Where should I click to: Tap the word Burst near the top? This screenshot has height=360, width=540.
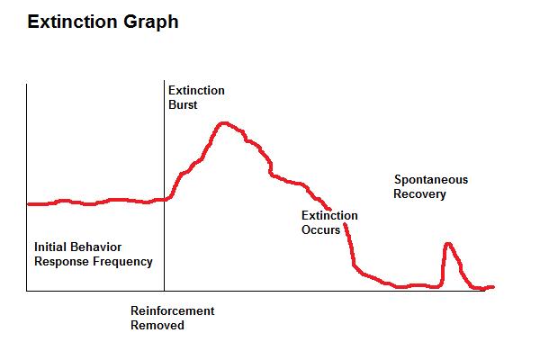(184, 104)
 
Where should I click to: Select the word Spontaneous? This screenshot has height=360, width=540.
(431, 180)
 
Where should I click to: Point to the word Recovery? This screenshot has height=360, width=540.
(419, 193)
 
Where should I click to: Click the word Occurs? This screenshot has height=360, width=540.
(320, 229)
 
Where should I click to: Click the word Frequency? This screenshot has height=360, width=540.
(121, 262)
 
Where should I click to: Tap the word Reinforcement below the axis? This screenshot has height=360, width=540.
(173, 310)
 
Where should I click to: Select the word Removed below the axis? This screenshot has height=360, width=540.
(157, 325)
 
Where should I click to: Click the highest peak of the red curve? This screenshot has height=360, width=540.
(223, 122)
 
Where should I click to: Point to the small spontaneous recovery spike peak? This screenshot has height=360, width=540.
(447, 243)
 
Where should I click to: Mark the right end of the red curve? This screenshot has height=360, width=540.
(494, 287)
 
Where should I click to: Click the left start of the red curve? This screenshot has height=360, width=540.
(28, 204)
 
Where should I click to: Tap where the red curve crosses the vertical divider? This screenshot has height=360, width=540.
(165, 199)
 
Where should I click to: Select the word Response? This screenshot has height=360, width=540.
(61, 262)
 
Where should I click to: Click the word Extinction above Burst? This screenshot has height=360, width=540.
(196, 90)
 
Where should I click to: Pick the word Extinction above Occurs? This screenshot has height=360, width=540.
(329, 215)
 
